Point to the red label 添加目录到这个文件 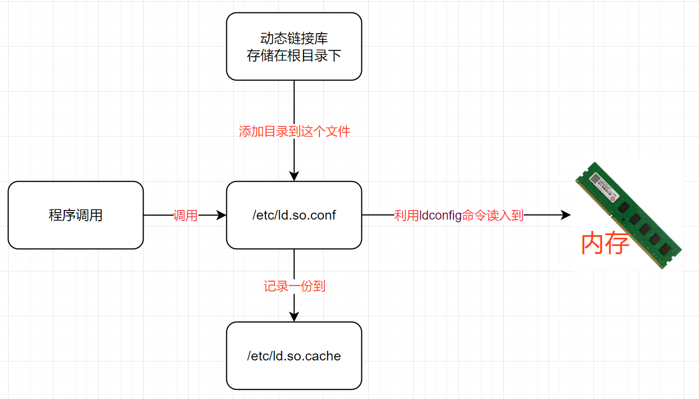pyautogui.click(x=294, y=131)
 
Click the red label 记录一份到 pyautogui.click(x=294, y=286)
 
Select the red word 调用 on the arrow pyautogui.click(x=185, y=216)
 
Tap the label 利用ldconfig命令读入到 pyautogui.click(x=458, y=216)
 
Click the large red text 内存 pyautogui.click(x=605, y=243)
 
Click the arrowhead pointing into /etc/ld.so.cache pyautogui.click(x=294, y=317)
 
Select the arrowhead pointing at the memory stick pyautogui.click(x=566, y=215)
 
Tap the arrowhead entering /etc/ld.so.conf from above pyautogui.click(x=294, y=176)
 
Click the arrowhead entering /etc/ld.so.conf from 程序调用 pyautogui.click(x=221, y=215)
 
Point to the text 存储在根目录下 pyautogui.click(x=294, y=56)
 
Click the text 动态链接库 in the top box pyautogui.click(x=294, y=39)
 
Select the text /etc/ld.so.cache pyautogui.click(x=294, y=356)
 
